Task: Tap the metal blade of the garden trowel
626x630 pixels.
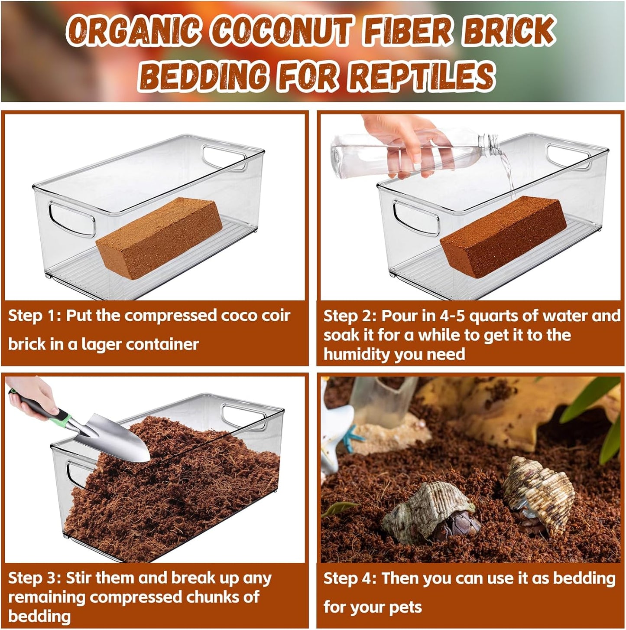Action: click(x=117, y=438)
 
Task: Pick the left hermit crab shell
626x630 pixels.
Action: click(x=429, y=512)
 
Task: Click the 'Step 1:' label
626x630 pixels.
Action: click(x=34, y=316)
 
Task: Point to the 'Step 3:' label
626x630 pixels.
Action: click(x=34, y=578)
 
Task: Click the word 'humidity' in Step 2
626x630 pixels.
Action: click(x=357, y=354)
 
